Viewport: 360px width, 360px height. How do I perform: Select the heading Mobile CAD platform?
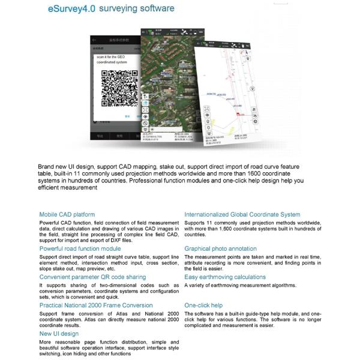pyautogui.click(x=67, y=214)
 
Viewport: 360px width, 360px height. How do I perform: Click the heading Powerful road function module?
pyautogui.click(x=80, y=248)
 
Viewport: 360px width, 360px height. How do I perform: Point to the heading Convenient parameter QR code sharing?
pyautogui.click(x=92, y=277)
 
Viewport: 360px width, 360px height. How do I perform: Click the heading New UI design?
pyautogui.click(x=59, y=334)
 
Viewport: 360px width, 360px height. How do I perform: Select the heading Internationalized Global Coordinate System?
pyautogui.click(x=242, y=214)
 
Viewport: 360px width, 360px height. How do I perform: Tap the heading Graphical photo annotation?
pyautogui.click(x=220, y=248)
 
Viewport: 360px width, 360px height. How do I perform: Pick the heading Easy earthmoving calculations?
pyautogui.click(x=225, y=277)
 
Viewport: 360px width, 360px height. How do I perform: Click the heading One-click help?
pyautogui.click(x=203, y=305)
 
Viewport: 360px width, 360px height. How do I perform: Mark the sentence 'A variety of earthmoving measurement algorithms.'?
pyautogui.click(x=239, y=286)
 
